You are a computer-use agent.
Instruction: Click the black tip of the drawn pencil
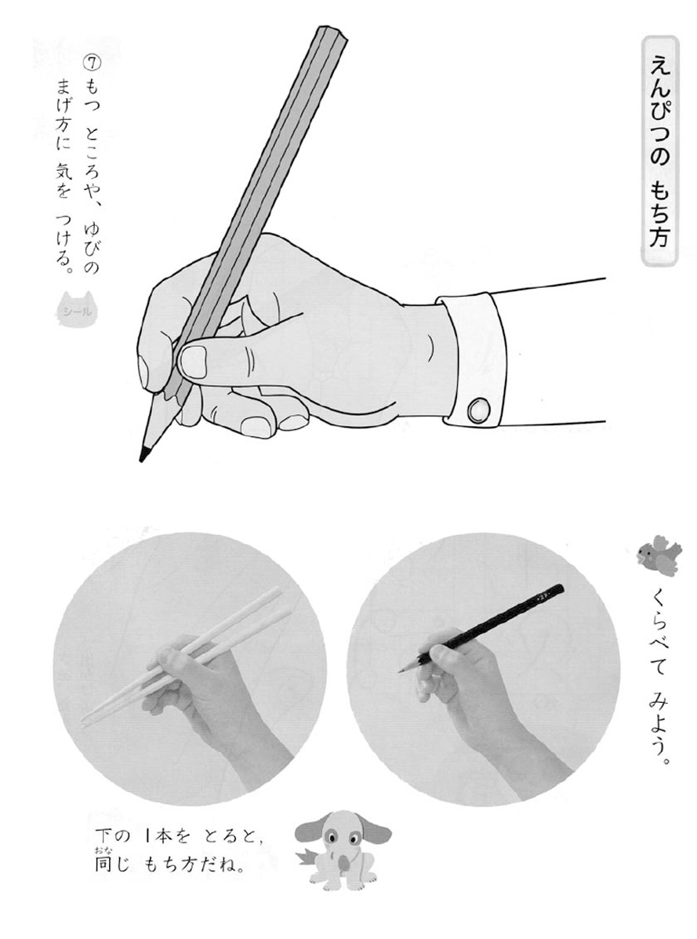[143, 454]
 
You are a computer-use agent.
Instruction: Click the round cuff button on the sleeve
[477, 411]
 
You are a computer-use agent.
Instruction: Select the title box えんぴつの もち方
[659, 151]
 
